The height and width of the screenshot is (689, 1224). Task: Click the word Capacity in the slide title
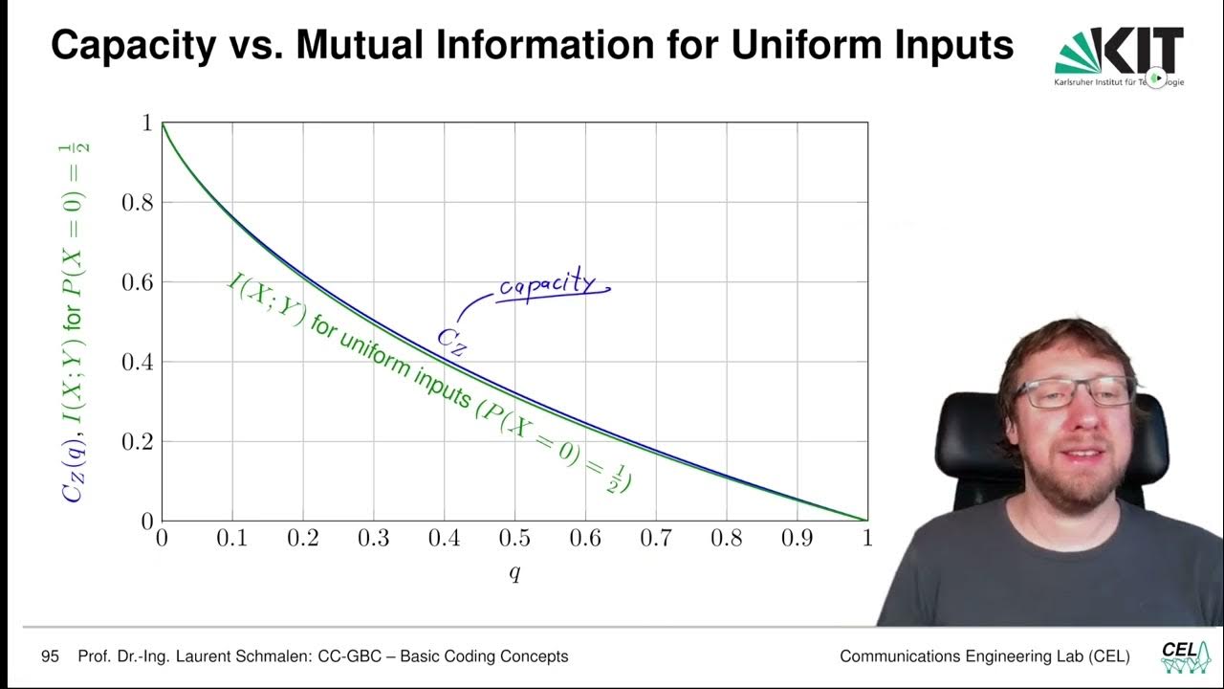click(x=133, y=45)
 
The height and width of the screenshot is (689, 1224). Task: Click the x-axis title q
click(x=514, y=574)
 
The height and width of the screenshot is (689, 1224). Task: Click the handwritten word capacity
click(x=549, y=286)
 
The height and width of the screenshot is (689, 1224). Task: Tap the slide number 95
click(x=50, y=656)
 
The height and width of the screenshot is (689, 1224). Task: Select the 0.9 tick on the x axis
click(x=797, y=539)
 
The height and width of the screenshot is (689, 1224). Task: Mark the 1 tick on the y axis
click(x=146, y=123)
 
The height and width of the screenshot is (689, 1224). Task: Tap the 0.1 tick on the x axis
click(x=231, y=539)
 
